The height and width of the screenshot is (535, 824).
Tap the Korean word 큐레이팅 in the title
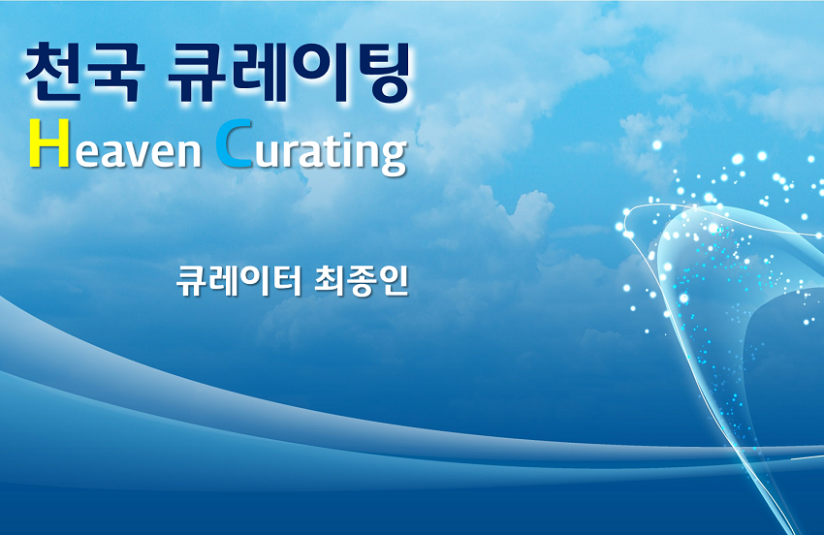pyautogui.click(x=289, y=73)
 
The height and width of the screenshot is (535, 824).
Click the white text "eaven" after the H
pyautogui.click(x=139, y=152)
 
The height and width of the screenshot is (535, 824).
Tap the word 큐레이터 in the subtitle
pyautogui.click(x=239, y=281)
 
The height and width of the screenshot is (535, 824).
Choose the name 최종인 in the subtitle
pyautogui.click(x=361, y=281)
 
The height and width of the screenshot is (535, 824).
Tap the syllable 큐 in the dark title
pyautogui.click(x=196, y=73)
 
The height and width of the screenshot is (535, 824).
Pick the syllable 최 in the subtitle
pyautogui.click(x=329, y=281)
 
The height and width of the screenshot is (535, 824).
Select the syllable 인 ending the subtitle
pyautogui.click(x=393, y=281)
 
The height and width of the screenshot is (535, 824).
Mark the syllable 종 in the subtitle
pyautogui.click(x=361, y=282)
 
